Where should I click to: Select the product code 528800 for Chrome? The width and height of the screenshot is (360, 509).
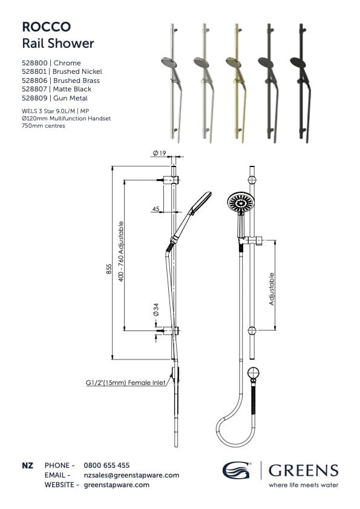[x=34, y=63]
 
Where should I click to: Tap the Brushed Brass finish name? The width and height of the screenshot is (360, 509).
[x=76, y=80]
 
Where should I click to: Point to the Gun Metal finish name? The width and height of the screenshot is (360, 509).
[x=70, y=97]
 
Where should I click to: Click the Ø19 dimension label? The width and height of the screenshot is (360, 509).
[x=160, y=154]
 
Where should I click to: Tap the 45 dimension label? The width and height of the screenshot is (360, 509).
[x=155, y=209]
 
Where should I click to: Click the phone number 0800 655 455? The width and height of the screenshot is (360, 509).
[x=106, y=465]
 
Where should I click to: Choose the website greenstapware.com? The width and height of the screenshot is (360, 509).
[x=116, y=485]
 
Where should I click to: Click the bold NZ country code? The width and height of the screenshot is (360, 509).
[x=27, y=465]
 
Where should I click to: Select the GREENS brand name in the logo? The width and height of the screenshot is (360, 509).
[x=303, y=470]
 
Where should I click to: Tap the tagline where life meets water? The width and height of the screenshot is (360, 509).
[x=303, y=485]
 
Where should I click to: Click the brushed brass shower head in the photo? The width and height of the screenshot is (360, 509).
[x=233, y=62]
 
